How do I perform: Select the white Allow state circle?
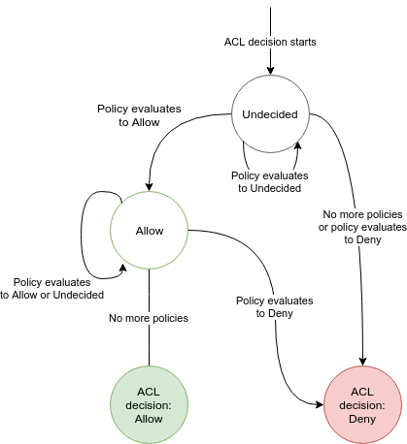(150, 231)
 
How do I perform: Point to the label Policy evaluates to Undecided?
(269, 181)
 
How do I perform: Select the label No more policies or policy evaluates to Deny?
(361, 226)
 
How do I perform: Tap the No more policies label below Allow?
(150, 317)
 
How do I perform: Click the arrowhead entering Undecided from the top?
(269, 71)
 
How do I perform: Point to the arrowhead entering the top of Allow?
(150, 187)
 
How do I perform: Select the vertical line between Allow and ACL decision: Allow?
(150, 339)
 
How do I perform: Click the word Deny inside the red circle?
(361, 418)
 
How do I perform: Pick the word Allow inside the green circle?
(150, 418)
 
